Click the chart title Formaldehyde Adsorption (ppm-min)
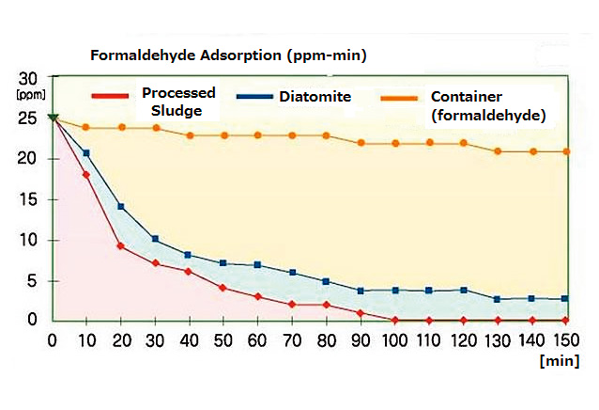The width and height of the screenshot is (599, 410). [x=228, y=55]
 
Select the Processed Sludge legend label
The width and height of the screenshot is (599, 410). [x=178, y=101]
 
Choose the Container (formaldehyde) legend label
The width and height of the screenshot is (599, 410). [x=488, y=105]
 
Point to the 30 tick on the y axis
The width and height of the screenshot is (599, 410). [x=29, y=78]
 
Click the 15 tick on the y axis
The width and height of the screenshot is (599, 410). [x=29, y=199]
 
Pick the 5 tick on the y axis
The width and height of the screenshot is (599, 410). [x=33, y=280]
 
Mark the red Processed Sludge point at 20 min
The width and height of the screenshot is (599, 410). [x=120, y=246]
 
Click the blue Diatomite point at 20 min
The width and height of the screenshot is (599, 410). [x=120, y=207]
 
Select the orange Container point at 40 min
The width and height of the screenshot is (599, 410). [x=189, y=135]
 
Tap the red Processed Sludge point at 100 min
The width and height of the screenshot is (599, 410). [x=395, y=321]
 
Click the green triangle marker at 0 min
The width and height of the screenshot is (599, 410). [x=53, y=118]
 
